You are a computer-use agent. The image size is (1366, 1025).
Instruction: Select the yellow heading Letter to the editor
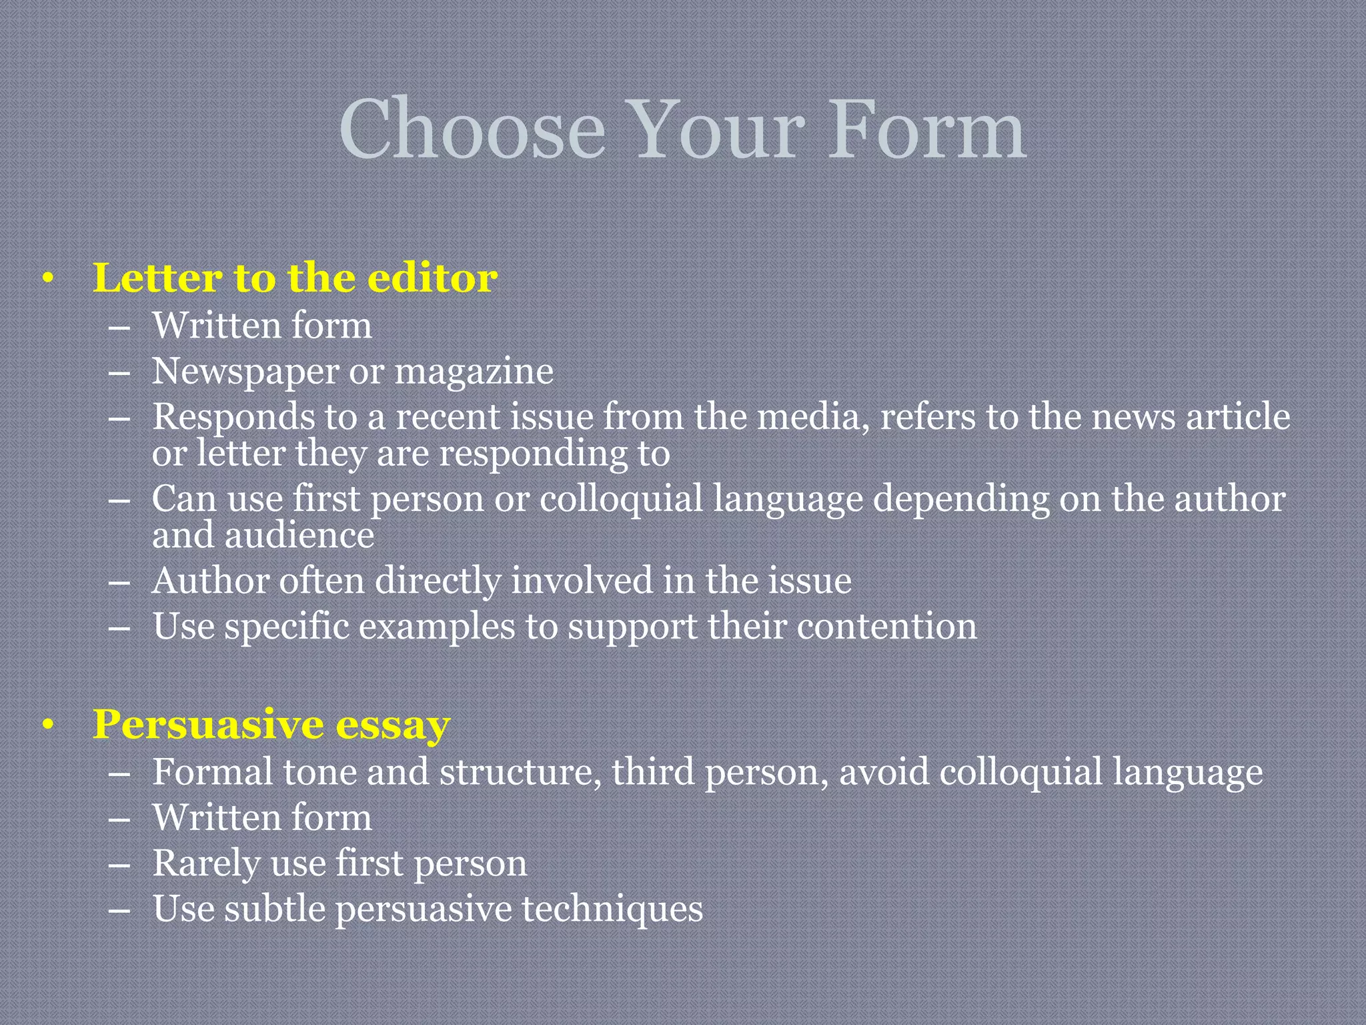click(x=295, y=278)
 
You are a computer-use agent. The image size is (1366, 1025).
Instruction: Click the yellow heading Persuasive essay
click(x=271, y=724)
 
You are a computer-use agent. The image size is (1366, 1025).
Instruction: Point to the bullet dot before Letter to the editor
click(x=47, y=280)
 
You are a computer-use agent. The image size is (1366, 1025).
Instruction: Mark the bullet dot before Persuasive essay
click(x=47, y=726)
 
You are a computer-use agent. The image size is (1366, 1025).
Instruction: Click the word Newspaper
click(x=245, y=371)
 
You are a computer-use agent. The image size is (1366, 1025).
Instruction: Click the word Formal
click(x=212, y=771)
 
